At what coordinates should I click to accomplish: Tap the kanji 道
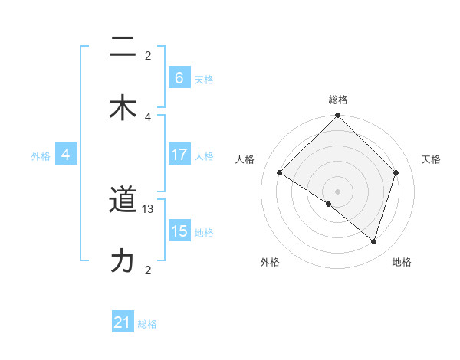click(123, 201)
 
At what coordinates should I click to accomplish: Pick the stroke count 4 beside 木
click(148, 116)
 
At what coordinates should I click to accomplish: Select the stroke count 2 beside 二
click(148, 56)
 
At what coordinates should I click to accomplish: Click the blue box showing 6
click(179, 77)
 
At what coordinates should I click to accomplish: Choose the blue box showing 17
click(179, 155)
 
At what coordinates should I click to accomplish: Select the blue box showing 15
click(179, 231)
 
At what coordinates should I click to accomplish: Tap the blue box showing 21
click(123, 323)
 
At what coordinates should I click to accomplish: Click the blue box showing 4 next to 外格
click(66, 155)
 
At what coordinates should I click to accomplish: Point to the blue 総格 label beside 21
click(147, 324)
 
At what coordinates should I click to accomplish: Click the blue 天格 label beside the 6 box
click(204, 79)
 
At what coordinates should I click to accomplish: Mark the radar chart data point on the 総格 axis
click(337, 116)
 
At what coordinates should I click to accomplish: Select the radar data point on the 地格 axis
click(373, 241)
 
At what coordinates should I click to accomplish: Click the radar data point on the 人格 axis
click(280, 173)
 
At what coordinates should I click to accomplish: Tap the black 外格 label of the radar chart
click(270, 262)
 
